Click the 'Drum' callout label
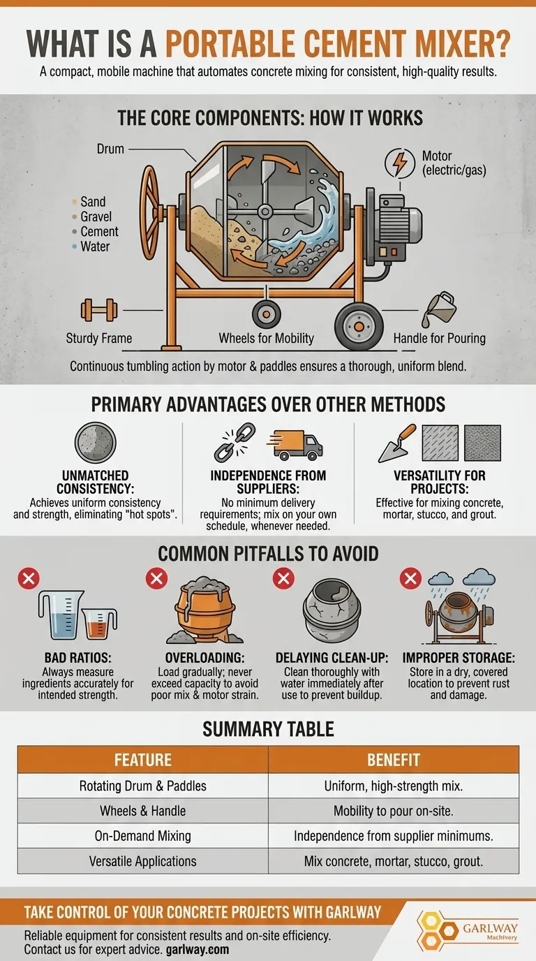pyautogui.click(x=111, y=149)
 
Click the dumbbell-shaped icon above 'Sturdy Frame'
pyautogui.click(x=96, y=309)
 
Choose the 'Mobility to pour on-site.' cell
pyautogui.click(x=394, y=811)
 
